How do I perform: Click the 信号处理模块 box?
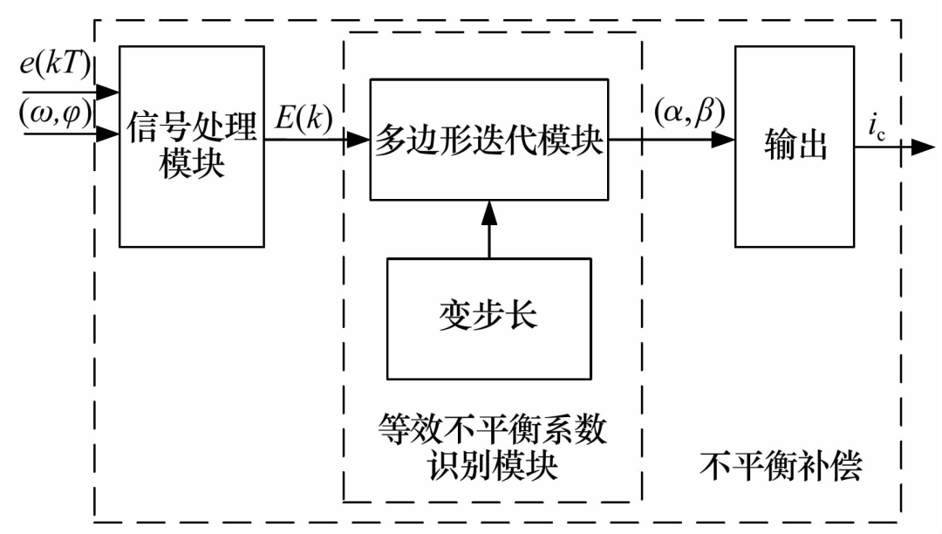(191, 146)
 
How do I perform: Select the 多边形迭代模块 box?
(489, 140)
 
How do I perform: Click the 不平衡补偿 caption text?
(781, 466)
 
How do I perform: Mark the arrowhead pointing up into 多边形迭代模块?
(489, 211)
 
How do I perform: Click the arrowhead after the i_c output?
(923, 147)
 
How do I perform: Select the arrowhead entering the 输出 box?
(723, 140)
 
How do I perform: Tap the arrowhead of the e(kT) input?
(108, 91)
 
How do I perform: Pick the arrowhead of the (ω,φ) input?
(108, 134)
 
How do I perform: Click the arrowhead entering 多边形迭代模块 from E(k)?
(358, 140)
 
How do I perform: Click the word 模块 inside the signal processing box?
(192, 164)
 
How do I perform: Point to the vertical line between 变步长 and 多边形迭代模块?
(489, 240)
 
